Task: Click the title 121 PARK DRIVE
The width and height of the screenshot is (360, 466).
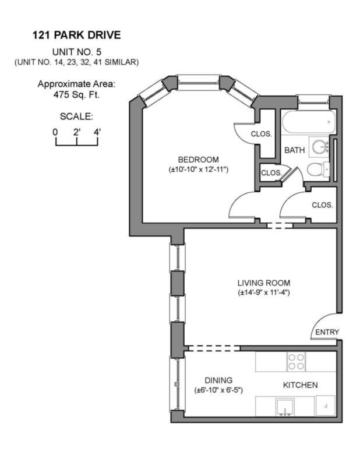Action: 76,35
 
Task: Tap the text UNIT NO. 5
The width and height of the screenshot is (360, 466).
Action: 76,52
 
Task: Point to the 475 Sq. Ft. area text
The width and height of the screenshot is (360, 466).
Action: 76,94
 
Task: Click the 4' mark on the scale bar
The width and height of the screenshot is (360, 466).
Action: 97,132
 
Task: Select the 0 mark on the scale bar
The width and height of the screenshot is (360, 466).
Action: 56,132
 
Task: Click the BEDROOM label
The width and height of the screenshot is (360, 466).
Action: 198,160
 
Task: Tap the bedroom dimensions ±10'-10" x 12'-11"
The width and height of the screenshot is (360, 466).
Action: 198,170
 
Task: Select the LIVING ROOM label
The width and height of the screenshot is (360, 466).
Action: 263,282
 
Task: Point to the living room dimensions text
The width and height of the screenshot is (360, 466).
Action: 263,292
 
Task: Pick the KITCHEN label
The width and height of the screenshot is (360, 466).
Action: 300,385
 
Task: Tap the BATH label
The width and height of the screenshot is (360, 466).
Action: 294,150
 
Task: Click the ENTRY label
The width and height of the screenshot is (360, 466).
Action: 326,332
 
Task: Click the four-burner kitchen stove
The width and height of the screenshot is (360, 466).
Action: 296,362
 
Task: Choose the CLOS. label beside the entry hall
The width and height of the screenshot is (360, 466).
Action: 322,205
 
